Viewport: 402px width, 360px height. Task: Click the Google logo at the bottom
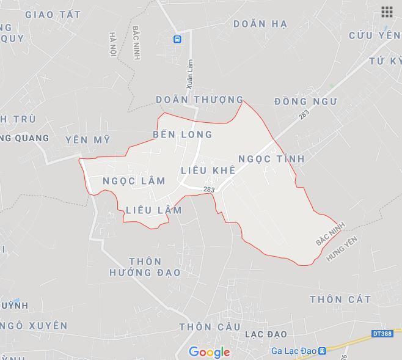tap(209, 352)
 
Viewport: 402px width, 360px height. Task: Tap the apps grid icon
tap(386, 12)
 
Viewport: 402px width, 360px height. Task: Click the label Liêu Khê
tap(208, 170)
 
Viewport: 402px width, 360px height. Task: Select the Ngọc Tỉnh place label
tap(271, 158)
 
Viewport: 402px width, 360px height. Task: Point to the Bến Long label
tap(182, 134)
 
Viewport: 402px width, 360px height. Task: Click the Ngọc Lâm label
tap(134, 180)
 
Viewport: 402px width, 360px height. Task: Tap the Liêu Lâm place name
tap(153, 210)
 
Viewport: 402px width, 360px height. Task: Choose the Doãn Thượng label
tap(199, 100)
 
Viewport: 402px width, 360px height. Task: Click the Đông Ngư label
tap(305, 101)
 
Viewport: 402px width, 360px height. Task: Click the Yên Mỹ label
tap(87, 140)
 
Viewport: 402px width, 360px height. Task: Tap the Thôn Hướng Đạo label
tap(145, 266)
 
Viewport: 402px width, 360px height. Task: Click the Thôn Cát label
tap(340, 299)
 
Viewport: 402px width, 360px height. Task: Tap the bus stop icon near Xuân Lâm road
tap(177, 39)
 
